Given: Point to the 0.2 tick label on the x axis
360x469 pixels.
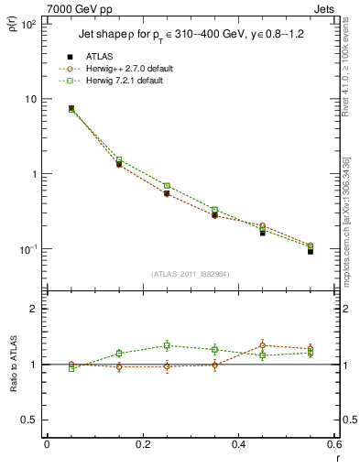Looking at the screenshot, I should coord(142,445).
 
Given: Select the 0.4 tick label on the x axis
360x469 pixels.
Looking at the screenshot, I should coord(238,445).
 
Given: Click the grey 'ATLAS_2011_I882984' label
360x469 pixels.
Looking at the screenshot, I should coord(191,274).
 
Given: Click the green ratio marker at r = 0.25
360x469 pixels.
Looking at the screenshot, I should coord(167,345).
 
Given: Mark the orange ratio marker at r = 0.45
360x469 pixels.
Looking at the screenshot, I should coord(263,345).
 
